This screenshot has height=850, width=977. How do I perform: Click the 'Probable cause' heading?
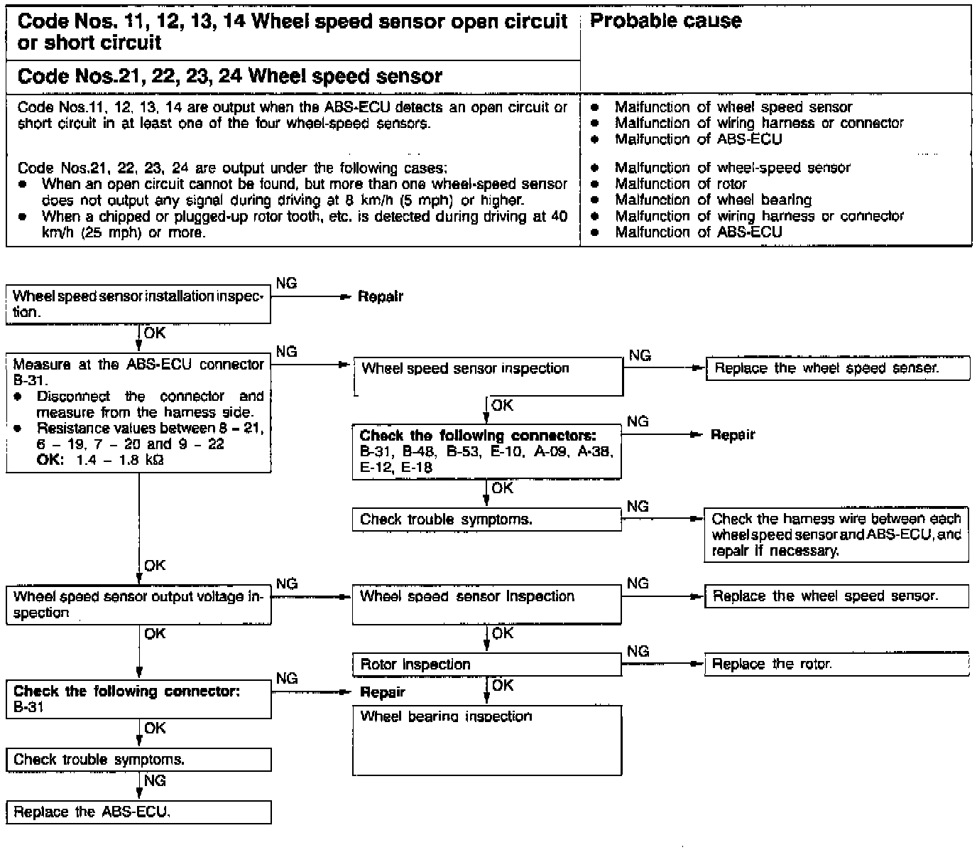665,21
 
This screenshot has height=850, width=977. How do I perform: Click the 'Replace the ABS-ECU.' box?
138,812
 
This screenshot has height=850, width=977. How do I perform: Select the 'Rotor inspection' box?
486,665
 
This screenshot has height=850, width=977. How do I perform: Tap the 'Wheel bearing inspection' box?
487,739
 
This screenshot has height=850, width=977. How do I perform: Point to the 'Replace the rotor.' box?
836,665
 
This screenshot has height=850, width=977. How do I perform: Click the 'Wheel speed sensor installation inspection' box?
138,303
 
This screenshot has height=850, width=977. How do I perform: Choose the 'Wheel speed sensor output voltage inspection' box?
138,605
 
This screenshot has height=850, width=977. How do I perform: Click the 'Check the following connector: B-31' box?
138,699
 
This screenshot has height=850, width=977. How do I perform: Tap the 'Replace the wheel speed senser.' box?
837,369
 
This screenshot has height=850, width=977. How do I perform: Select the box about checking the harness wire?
836,534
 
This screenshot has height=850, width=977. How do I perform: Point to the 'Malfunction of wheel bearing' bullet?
712,200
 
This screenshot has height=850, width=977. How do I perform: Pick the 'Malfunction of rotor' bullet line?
680,184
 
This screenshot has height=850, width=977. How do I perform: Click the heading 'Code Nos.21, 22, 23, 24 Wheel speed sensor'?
229,77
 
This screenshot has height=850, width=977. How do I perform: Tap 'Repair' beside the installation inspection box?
380,296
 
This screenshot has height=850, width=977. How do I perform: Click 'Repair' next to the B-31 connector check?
383,692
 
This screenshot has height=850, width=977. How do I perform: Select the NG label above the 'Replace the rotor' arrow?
638,651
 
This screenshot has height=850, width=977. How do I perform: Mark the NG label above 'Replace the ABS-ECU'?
155,780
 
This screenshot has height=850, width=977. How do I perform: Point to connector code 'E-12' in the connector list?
375,467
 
